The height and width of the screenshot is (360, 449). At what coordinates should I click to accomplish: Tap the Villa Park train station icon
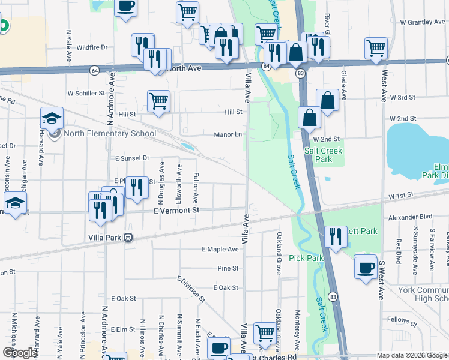128,237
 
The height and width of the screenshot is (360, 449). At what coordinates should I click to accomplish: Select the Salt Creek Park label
318,155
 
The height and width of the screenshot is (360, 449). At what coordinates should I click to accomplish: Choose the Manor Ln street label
228,135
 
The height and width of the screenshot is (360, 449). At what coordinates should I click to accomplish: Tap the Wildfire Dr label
92,47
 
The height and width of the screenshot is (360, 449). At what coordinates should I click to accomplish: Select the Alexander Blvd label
410,217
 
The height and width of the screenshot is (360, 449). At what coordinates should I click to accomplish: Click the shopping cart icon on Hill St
158,100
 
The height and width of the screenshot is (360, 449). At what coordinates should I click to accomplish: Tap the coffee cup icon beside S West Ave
365,265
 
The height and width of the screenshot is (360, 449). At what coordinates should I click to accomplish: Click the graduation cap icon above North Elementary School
52,117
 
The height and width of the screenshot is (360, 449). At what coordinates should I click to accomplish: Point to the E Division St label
191,289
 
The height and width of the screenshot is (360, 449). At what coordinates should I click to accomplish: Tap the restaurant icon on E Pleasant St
137,187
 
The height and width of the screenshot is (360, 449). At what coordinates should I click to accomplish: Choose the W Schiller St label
86,94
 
